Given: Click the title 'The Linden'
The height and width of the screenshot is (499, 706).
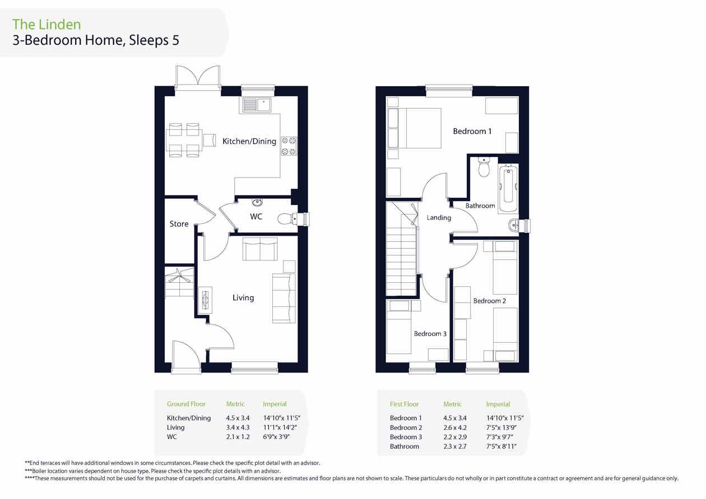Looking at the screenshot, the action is (x=47, y=25).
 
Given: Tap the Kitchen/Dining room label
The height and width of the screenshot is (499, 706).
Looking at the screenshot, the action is (x=249, y=142).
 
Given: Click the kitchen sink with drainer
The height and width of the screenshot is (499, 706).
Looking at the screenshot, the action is (x=257, y=104).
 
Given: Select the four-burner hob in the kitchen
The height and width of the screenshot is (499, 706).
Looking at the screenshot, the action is (x=289, y=146).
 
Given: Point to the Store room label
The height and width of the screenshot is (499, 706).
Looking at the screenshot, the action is (x=179, y=223).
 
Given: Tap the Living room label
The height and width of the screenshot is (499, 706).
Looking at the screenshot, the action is (x=243, y=298).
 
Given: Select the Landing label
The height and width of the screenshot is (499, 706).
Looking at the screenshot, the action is (x=439, y=218).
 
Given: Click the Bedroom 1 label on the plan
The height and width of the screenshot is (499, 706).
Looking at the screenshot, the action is (x=472, y=131).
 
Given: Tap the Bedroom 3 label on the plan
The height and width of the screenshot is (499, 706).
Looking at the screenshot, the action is (x=430, y=334).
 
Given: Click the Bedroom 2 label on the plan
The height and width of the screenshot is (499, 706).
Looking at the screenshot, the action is (x=490, y=301).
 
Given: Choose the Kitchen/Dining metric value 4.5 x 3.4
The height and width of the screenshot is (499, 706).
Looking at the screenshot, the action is (x=238, y=418).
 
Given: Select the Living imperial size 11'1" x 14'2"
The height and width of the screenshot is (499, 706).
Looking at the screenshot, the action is (x=280, y=427).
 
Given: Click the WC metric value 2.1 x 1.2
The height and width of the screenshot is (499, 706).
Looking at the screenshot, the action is (x=238, y=437).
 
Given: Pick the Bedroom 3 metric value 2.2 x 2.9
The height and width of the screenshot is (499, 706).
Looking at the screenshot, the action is (x=455, y=437).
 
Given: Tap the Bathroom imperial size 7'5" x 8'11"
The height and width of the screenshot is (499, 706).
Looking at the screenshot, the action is (x=501, y=446).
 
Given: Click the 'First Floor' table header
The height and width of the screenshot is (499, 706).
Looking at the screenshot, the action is (x=405, y=404).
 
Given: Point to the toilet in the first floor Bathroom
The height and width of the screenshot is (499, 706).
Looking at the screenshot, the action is (x=484, y=167).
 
